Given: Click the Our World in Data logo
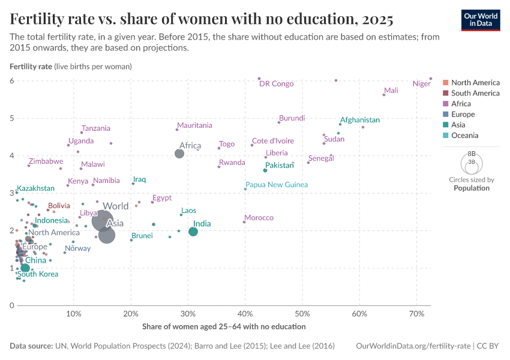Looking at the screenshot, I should coord(480,20).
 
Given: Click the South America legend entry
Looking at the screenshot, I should coord(475,93).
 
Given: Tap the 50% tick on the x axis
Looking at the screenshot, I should coord(302,314).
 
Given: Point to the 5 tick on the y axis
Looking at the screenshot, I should coord(11,118).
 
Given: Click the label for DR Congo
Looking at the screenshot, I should coord(276,83).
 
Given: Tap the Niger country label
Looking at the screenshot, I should coord(422,83).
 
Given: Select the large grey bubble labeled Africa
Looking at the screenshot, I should coord(179,154).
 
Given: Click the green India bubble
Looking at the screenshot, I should coord(193,232).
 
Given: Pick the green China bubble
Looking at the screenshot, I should coord(25,268).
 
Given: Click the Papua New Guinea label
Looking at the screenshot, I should coord(276,184).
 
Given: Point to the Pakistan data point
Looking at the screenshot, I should coord(265,170).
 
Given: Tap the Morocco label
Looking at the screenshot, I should coord(259,217).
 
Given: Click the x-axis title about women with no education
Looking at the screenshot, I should coord(224,326).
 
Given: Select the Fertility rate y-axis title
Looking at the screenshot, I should coord(31,66).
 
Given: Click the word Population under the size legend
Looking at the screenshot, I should coord(471,188).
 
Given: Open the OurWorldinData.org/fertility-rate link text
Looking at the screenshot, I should coord(413,346).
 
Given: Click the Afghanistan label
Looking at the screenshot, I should coord(359,120).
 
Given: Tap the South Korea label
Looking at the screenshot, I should coord(38,274).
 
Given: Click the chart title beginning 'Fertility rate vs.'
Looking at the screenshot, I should coord(202,20).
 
